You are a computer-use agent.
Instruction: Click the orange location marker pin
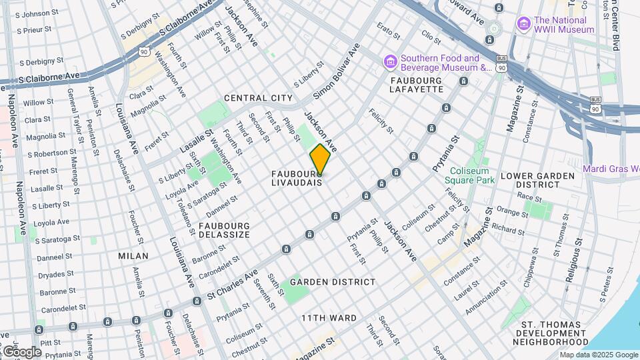coord(320,159)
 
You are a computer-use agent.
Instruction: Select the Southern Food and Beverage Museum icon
coord(390,62)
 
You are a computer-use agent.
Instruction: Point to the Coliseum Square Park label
coord(471,175)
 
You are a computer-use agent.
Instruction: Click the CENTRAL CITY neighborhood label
coord(258,98)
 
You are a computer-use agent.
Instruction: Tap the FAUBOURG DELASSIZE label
coord(223,230)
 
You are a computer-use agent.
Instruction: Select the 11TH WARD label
coord(329,318)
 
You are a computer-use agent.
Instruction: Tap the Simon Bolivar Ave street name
coord(337,71)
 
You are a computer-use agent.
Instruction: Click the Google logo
coord(21,351)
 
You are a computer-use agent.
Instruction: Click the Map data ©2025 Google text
coord(598,355)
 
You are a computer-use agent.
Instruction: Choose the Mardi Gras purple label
coord(611,169)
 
